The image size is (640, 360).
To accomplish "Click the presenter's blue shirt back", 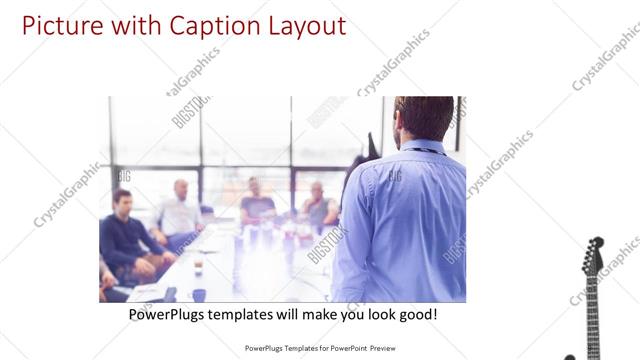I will pos(405,220).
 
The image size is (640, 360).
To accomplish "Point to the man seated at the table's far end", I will pos(256,201).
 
